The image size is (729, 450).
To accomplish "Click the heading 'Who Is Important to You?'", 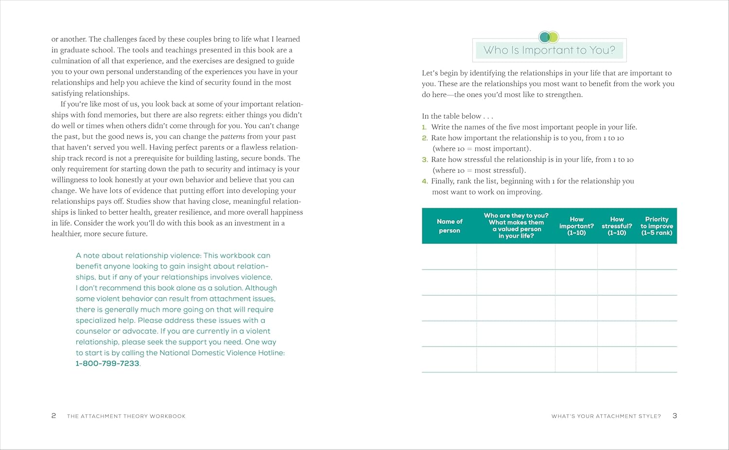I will click(549, 50).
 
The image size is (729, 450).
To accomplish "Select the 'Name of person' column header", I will click(450, 226).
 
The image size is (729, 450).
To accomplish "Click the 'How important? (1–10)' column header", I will click(576, 226).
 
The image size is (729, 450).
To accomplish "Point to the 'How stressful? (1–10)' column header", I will click(617, 226).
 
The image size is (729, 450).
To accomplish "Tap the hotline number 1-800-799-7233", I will click(107, 363).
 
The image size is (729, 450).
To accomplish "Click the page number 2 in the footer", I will click(53, 416).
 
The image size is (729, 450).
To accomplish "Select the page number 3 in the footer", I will click(675, 416).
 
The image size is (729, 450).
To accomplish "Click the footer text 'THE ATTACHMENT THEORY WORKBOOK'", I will click(126, 416).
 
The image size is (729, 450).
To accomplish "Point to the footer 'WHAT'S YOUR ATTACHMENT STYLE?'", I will click(606, 416).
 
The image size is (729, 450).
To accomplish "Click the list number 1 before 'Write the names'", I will click(424, 127).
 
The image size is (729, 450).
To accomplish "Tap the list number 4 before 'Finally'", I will click(425, 181).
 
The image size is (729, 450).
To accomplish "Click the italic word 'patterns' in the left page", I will click(232, 137).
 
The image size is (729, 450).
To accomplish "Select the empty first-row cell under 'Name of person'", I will click(449, 257).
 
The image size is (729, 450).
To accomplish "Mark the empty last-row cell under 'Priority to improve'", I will click(657, 360).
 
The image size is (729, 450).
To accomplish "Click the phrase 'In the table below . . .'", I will click(457, 116).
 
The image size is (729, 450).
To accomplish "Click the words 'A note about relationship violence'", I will click(138, 255).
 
